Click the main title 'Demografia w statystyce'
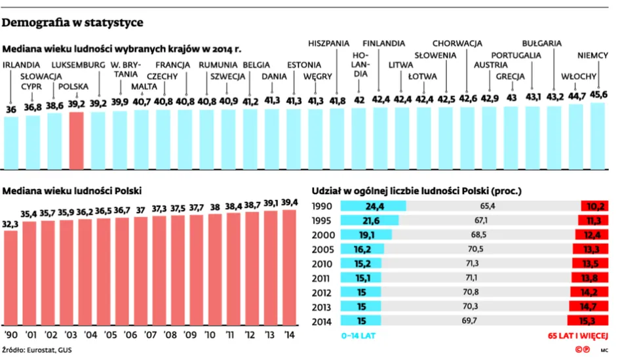click(x=73, y=23)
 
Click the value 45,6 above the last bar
click(x=598, y=94)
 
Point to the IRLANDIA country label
click(x=22, y=65)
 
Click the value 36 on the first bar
click(x=11, y=110)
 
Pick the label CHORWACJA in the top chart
click(x=457, y=43)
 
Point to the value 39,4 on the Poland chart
click(x=289, y=201)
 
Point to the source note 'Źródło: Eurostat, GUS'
click(x=37, y=350)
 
